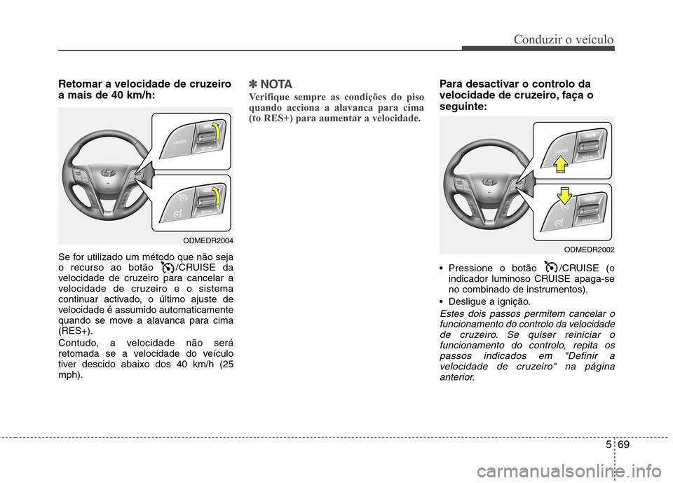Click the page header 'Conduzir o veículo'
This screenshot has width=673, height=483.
564,39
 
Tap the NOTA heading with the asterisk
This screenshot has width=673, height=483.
271,83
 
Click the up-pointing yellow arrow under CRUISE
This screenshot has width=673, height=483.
559,164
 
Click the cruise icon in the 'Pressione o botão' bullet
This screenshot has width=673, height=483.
550,268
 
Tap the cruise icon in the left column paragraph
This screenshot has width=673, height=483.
166,266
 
